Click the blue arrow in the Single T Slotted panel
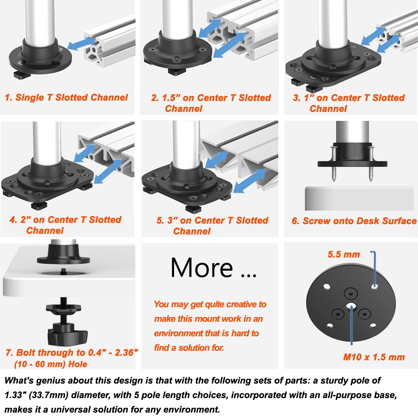pos(82,44)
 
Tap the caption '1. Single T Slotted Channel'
pos(66,98)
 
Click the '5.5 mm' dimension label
pos(343,255)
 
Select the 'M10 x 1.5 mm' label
pos(374,357)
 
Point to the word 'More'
pos(202,268)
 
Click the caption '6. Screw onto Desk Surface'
pos(354,221)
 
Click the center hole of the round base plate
pos(351,306)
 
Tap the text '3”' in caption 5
pos(172,220)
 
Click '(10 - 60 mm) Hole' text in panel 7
pos(51,364)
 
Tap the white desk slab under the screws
pos(359,199)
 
